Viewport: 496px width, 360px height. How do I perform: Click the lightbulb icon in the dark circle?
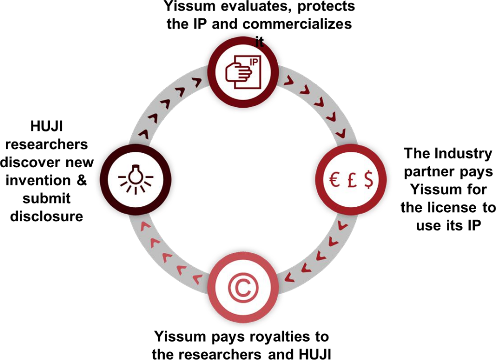coord(136,177)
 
